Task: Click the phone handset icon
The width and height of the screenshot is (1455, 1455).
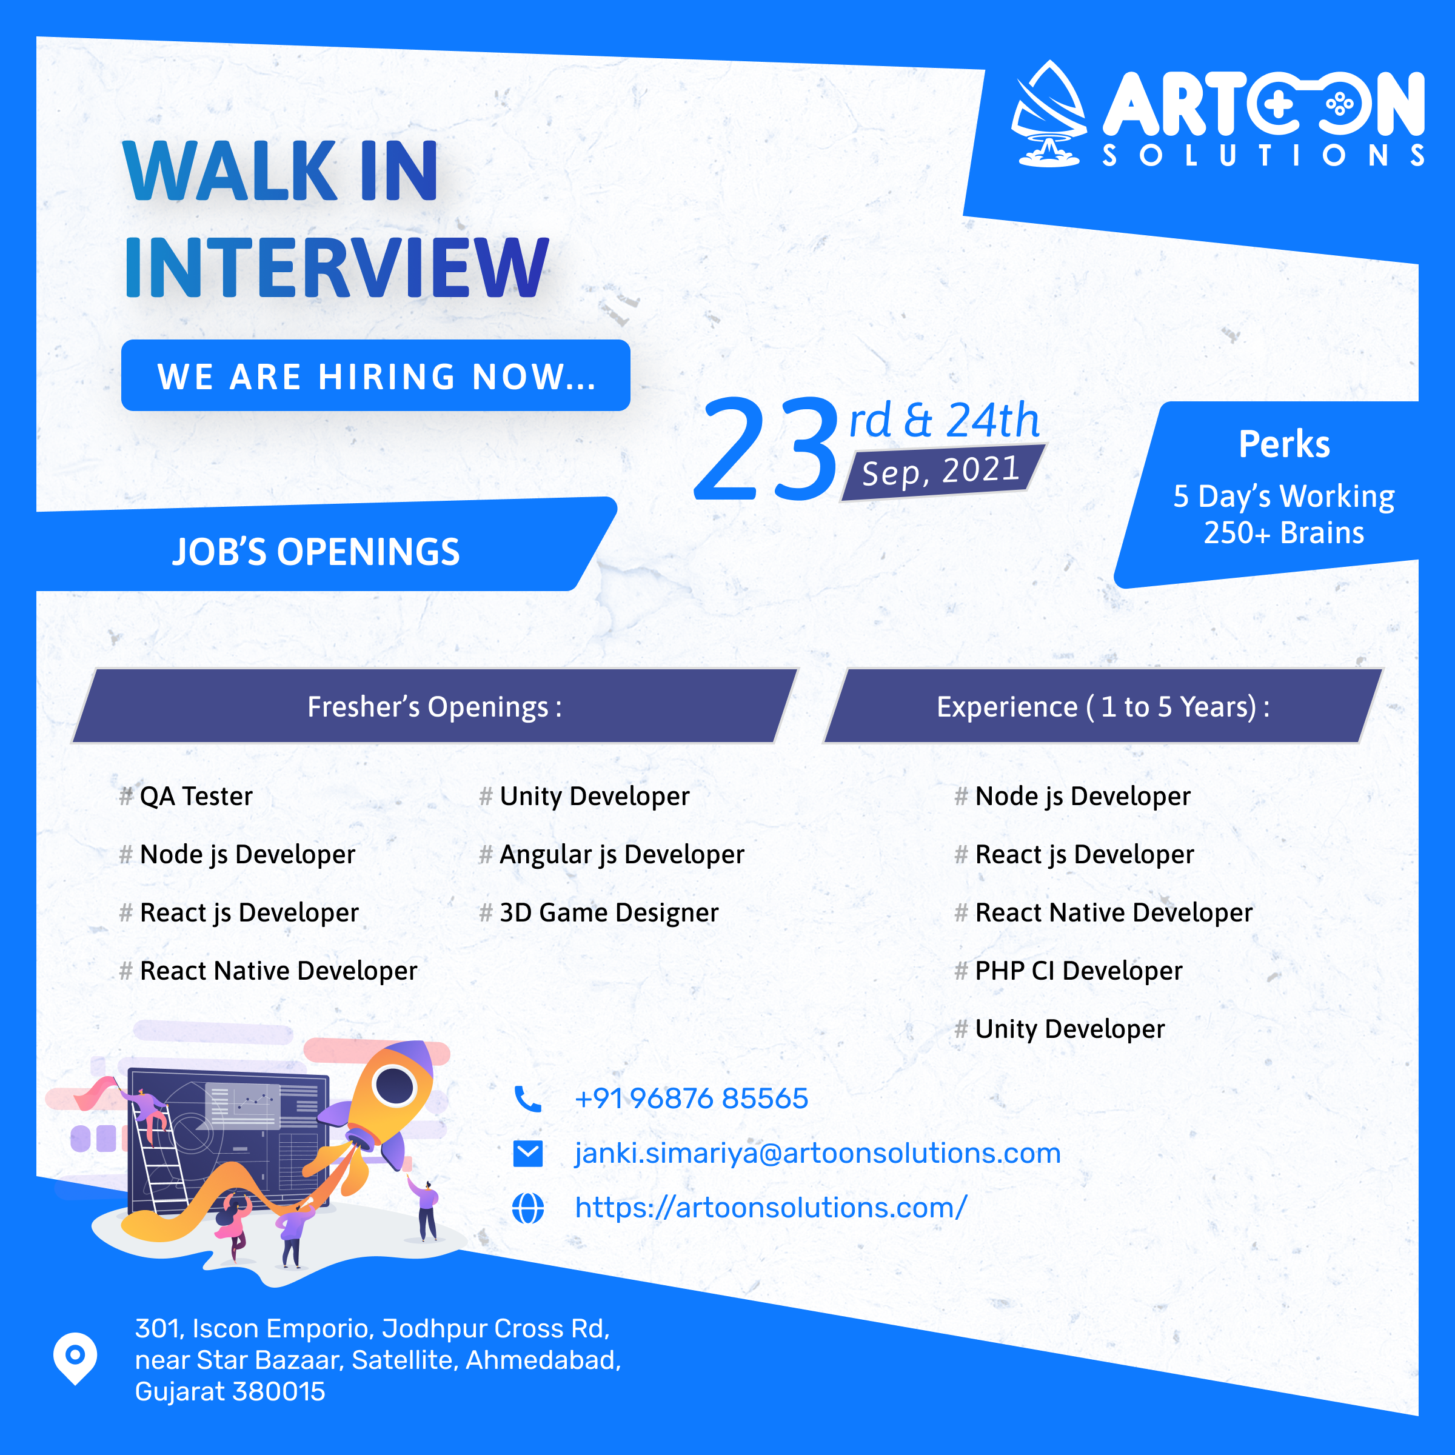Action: coord(527,1099)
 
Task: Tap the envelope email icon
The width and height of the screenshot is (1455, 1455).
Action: coord(527,1154)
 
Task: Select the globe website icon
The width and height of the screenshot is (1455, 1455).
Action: coord(527,1208)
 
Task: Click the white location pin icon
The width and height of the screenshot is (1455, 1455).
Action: coord(75,1358)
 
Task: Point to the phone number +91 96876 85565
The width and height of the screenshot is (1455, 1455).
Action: coord(691,1099)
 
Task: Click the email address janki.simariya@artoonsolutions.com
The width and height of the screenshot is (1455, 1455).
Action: coord(817,1154)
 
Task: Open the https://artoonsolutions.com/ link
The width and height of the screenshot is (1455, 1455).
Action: coord(771,1208)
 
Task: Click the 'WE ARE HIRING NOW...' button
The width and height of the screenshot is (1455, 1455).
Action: coord(375,375)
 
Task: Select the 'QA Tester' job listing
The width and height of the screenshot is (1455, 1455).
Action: coord(186,796)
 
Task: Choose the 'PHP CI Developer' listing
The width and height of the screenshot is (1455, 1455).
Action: coord(1068,971)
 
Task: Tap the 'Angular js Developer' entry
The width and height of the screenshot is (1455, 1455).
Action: coord(612,855)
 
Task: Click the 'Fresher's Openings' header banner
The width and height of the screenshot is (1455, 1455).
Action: coord(435,706)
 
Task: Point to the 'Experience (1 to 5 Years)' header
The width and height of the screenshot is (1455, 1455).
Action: coord(1103,706)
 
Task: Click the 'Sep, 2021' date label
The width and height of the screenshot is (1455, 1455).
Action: coord(942,472)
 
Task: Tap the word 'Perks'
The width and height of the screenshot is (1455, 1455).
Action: coord(1284,444)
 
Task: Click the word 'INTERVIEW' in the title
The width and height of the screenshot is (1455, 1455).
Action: coord(336,267)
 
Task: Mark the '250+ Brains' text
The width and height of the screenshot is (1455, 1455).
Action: coord(1283,532)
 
